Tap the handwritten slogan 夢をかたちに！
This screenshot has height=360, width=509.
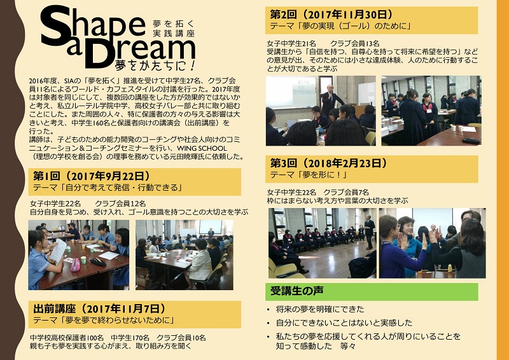tap(155, 65)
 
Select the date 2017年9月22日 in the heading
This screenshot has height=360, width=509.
tap(107, 176)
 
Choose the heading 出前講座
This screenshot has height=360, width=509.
tap(54, 308)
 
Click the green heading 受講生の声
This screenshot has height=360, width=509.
tap(296, 291)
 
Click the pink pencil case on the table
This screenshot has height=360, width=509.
tap(75, 265)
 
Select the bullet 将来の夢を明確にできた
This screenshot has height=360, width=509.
tap(320, 309)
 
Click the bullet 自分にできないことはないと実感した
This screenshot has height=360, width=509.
tap(344, 322)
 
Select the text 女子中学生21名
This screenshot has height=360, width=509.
tap(291, 43)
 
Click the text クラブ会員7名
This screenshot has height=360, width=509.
tap(346, 192)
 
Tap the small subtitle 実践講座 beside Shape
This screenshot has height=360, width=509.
tap(174, 33)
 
